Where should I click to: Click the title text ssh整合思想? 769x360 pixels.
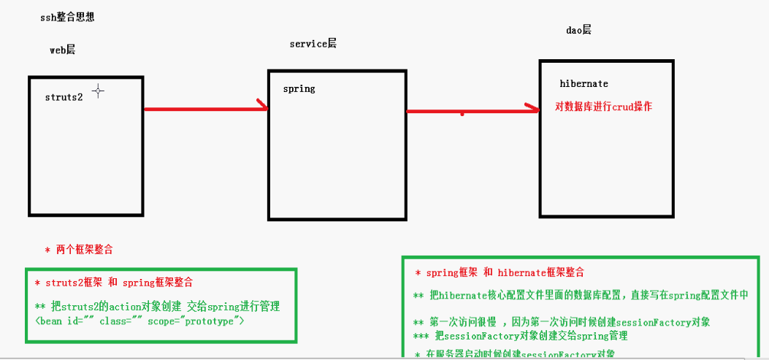(x=67, y=18)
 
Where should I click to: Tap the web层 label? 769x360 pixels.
(x=62, y=50)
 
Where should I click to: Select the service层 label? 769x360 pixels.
(x=313, y=44)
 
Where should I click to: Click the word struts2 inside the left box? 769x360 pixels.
(x=64, y=97)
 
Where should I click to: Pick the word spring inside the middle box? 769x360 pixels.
(x=299, y=88)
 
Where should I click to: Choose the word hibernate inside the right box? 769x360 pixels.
(x=584, y=84)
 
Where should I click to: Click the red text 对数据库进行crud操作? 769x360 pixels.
(x=603, y=107)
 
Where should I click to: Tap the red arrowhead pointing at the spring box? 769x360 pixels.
(x=262, y=108)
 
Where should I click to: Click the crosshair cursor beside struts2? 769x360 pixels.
(x=98, y=91)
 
